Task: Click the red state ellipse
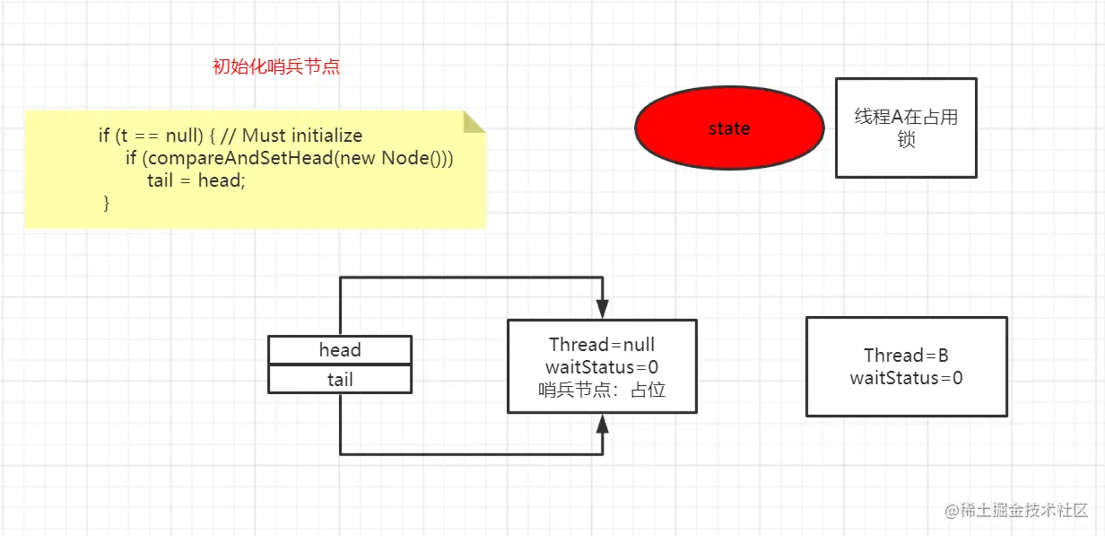[x=728, y=128]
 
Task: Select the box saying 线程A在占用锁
[x=906, y=127]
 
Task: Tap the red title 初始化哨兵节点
[x=276, y=66]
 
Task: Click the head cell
[x=340, y=350]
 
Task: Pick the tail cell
[x=340, y=380]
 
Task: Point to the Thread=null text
[x=602, y=345]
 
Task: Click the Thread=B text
[x=906, y=356]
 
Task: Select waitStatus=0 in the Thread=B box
[x=906, y=378]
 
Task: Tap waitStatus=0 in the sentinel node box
[x=602, y=367]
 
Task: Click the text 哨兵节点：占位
[x=602, y=390]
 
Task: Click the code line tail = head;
[x=196, y=180]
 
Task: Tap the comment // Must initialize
[x=291, y=136]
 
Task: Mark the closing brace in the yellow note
[x=107, y=204]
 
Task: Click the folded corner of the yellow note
[x=474, y=121]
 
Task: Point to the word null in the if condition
[x=186, y=136]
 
